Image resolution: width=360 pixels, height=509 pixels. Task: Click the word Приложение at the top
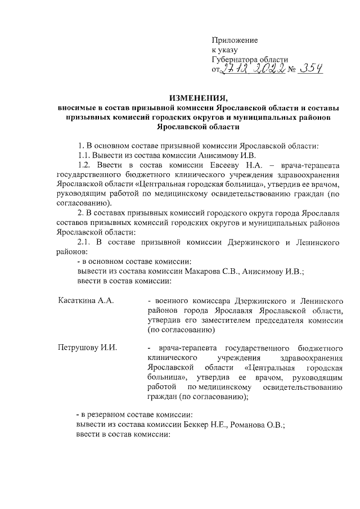coord(235,40)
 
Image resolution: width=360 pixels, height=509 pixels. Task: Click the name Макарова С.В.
coord(216,271)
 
